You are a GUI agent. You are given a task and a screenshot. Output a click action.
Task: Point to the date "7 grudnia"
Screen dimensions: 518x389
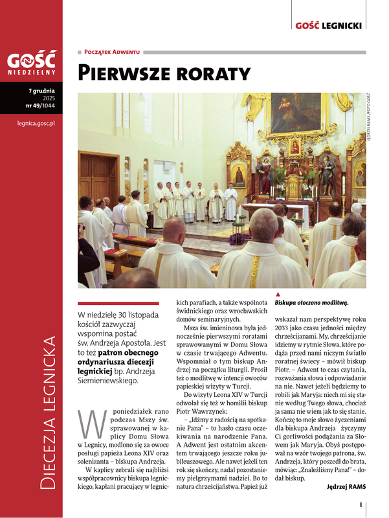[41, 91]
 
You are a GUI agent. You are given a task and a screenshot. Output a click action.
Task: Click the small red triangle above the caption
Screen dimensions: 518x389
[278, 294]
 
